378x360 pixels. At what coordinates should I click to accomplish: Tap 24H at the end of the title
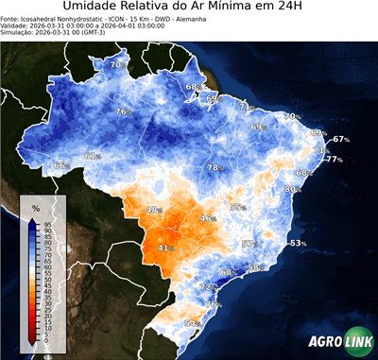[x=300, y=9]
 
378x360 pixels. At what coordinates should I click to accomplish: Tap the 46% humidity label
[x=207, y=218]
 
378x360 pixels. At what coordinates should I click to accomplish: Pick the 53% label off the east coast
[x=297, y=244]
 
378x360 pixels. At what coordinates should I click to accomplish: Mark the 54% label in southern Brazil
[x=191, y=323]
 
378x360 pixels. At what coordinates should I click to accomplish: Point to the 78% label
[x=215, y=168]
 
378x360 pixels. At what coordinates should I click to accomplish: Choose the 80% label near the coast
[x=292, y=190]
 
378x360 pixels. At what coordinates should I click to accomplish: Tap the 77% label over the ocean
[x=334, y=160]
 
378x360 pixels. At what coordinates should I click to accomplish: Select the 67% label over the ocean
[x=340, y=140]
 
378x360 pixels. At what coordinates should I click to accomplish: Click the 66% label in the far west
[x=60, y=166]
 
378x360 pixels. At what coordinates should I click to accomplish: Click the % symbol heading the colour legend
[x=35, y=208]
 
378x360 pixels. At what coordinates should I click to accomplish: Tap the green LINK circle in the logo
[x=356, y=344]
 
